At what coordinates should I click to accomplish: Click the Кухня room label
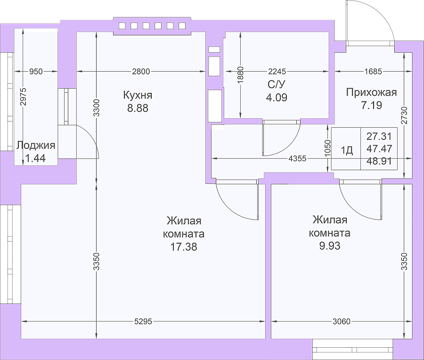click(138, 95)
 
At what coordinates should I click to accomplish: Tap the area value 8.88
click(138, 108)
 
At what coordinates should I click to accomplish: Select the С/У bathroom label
click(277, 85)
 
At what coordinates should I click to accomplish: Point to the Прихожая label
click(372, 92)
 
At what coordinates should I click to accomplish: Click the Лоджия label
click(36, 146)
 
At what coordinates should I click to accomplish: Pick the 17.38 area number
click(184, 246)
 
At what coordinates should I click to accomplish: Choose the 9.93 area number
click(330, 246)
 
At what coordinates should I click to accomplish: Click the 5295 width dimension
click(143, 321)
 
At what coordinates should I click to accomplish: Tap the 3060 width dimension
click(342, 321)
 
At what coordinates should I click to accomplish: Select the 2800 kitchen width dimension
click(141, 72)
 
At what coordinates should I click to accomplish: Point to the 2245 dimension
click(277, 72)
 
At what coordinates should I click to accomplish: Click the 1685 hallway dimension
click(373, 72)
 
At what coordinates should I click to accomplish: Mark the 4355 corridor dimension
click(297, 158)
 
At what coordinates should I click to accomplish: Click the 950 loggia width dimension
click(36, 72)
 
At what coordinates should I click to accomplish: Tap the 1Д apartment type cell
click(347, 149)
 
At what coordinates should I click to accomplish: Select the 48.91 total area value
click(379, 162)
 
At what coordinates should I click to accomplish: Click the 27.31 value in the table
click(379, 136)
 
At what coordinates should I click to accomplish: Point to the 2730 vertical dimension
click(404, 115)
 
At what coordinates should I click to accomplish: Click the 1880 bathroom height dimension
click(241, 74)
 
